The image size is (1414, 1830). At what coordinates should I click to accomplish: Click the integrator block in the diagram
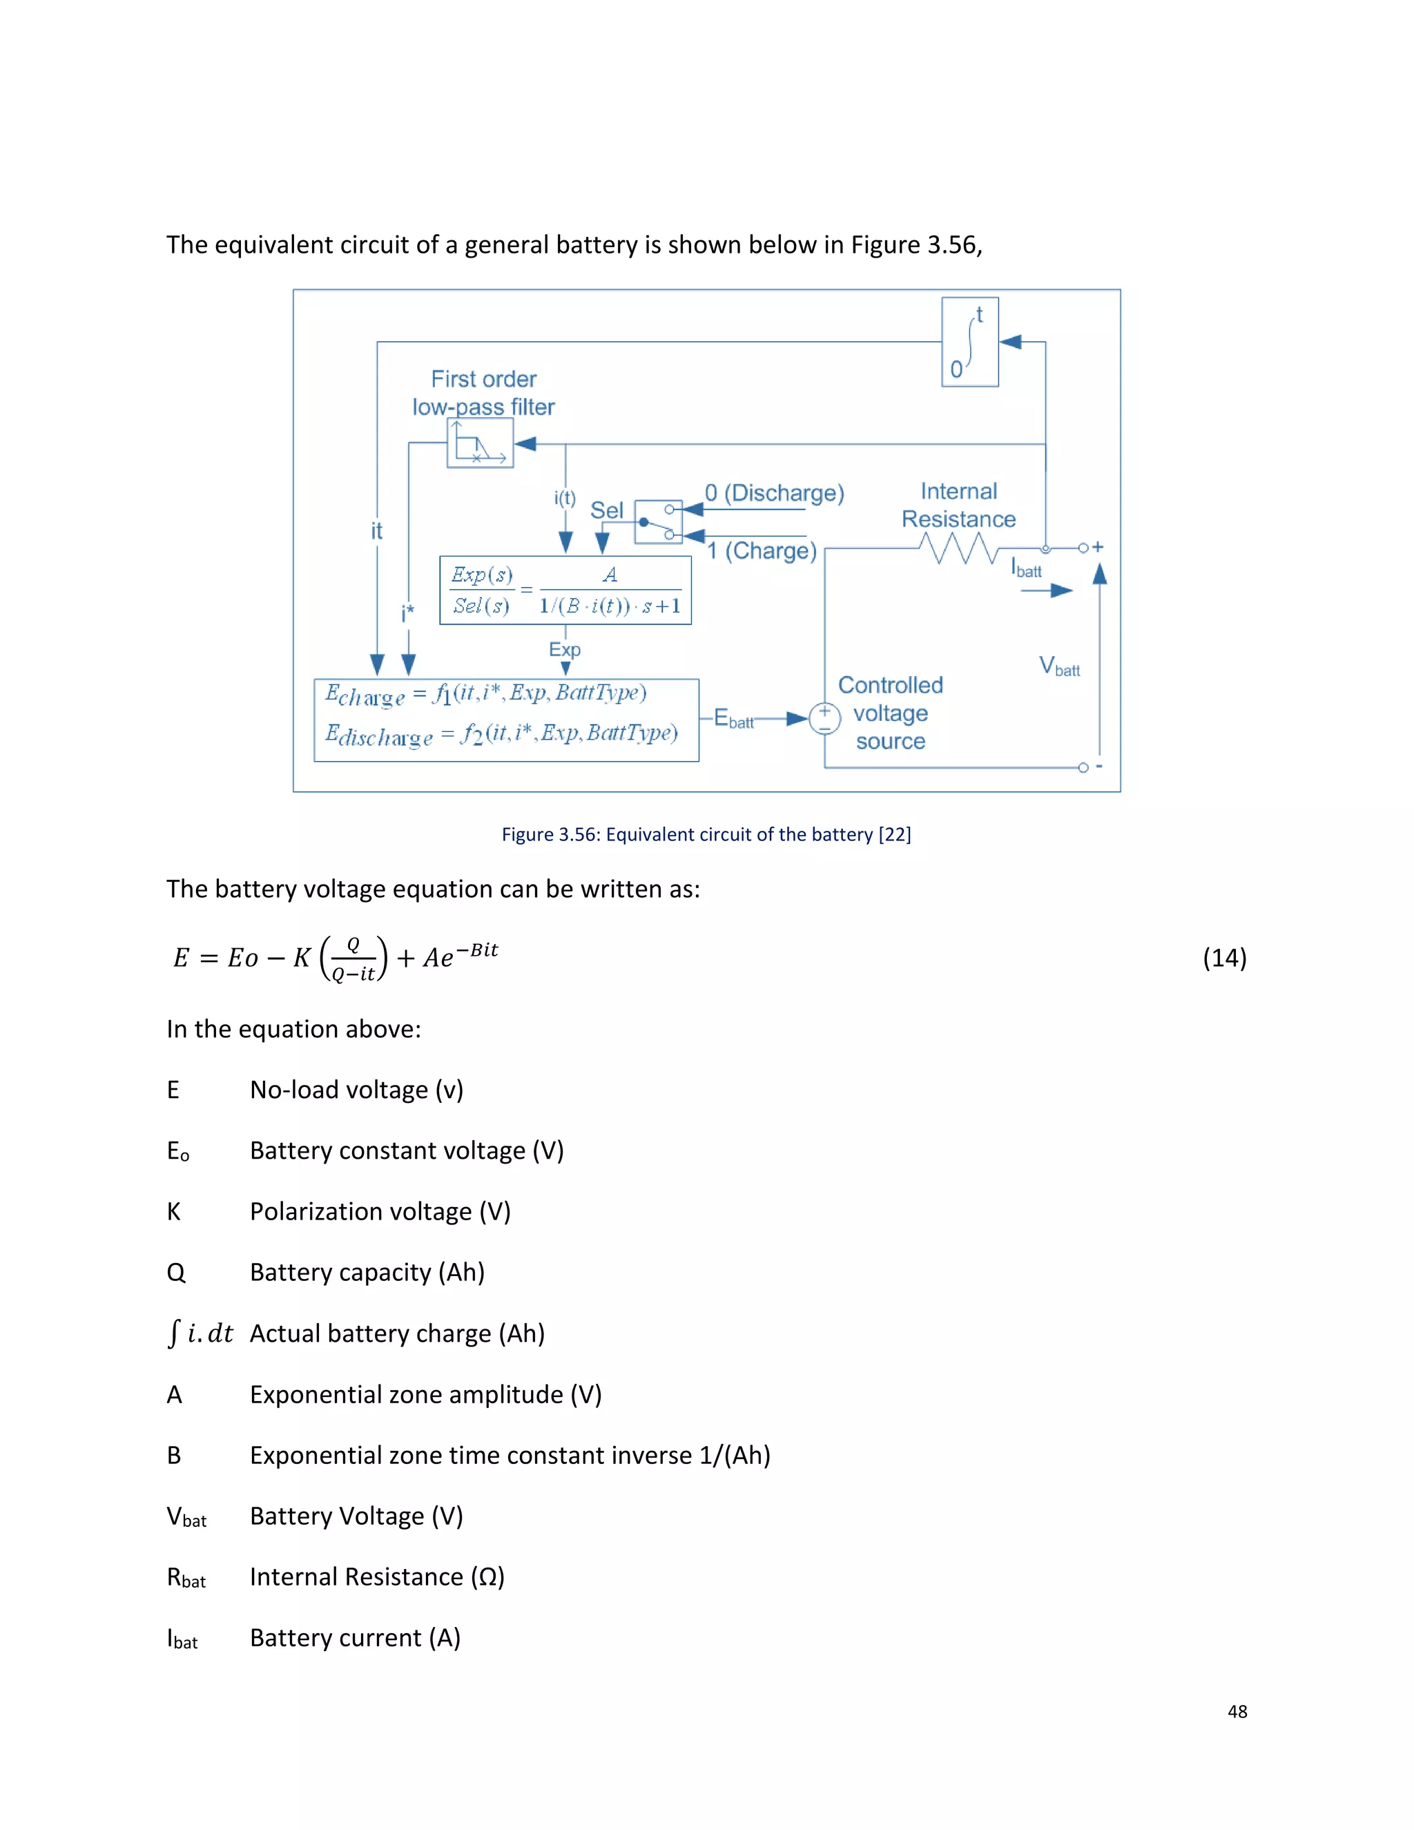pos(969,342)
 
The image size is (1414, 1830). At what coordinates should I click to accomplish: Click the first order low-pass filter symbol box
pos(480,443)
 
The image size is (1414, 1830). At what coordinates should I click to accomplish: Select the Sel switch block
pos(659,521)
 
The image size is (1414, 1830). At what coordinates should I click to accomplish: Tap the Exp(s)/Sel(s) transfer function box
pos(565,590)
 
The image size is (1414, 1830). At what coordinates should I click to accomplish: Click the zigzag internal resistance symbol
pos(958,548)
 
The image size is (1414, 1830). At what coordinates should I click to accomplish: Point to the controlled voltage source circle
pos(824,718)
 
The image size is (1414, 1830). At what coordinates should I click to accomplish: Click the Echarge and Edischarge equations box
pos(506,720)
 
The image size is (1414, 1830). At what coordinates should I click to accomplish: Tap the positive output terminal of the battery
pos(1083,548)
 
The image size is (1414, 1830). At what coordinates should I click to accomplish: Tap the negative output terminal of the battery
pos(1083,767)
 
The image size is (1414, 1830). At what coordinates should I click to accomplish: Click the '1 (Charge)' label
pos(762,550)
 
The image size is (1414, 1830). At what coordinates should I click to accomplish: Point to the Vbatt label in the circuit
pos(1059,667)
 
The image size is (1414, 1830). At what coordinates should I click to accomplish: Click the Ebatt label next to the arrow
pos(733,719)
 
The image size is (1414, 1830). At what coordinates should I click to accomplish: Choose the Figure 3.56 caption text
pos(706,835)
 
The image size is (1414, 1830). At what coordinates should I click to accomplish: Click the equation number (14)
pos(1224,958)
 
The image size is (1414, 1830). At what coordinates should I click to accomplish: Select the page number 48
pos(1237,1712)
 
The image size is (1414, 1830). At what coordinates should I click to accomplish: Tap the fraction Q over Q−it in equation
pos(353,959)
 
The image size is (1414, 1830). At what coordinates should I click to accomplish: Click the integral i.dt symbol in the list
pos(200,1333)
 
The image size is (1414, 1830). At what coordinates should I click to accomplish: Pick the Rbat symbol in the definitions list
pos(186,1578)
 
